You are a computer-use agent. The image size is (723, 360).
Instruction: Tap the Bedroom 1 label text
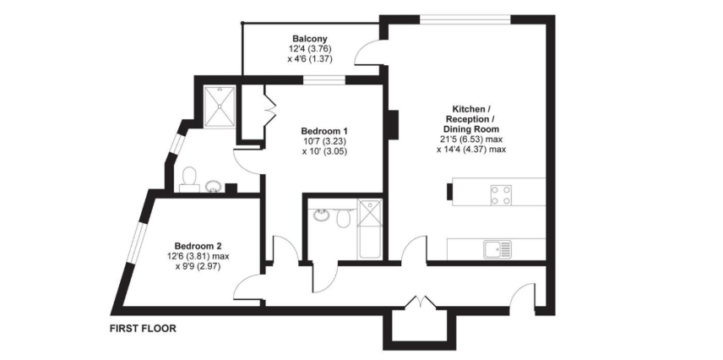(324, 131)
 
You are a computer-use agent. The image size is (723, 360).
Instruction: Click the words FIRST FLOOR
(143, 328)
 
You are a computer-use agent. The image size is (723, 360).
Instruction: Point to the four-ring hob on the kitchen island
(500, 195)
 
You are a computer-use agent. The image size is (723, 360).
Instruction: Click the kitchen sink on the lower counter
(494, 248)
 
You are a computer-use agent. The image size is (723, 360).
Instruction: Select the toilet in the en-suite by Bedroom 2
(190, 177)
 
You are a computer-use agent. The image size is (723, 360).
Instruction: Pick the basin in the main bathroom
(321, 215)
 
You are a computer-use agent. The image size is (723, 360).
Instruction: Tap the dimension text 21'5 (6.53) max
(471, 139)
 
